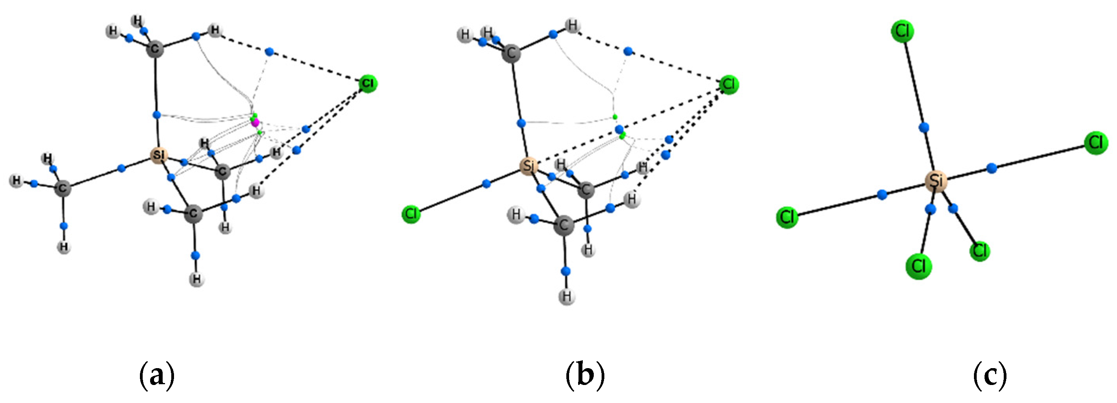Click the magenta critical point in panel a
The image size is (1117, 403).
256,123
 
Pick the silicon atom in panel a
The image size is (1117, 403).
158,155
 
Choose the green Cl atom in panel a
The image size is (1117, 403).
368,83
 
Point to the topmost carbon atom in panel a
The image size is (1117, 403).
155,49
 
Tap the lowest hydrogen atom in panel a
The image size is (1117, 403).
197,279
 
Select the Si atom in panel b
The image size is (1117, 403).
528,166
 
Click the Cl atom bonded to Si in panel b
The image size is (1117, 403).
411,213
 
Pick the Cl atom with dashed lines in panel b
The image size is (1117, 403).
729,84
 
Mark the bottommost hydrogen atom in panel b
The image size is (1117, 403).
566,297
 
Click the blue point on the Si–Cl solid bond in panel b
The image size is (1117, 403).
486,184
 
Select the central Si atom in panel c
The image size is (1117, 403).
936,181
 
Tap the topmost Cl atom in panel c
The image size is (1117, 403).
902,31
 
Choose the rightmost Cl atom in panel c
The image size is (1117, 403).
1096,143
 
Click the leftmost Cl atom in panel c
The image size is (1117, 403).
787,217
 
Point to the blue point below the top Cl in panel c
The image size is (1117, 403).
924,127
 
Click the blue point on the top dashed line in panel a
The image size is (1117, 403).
269,52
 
